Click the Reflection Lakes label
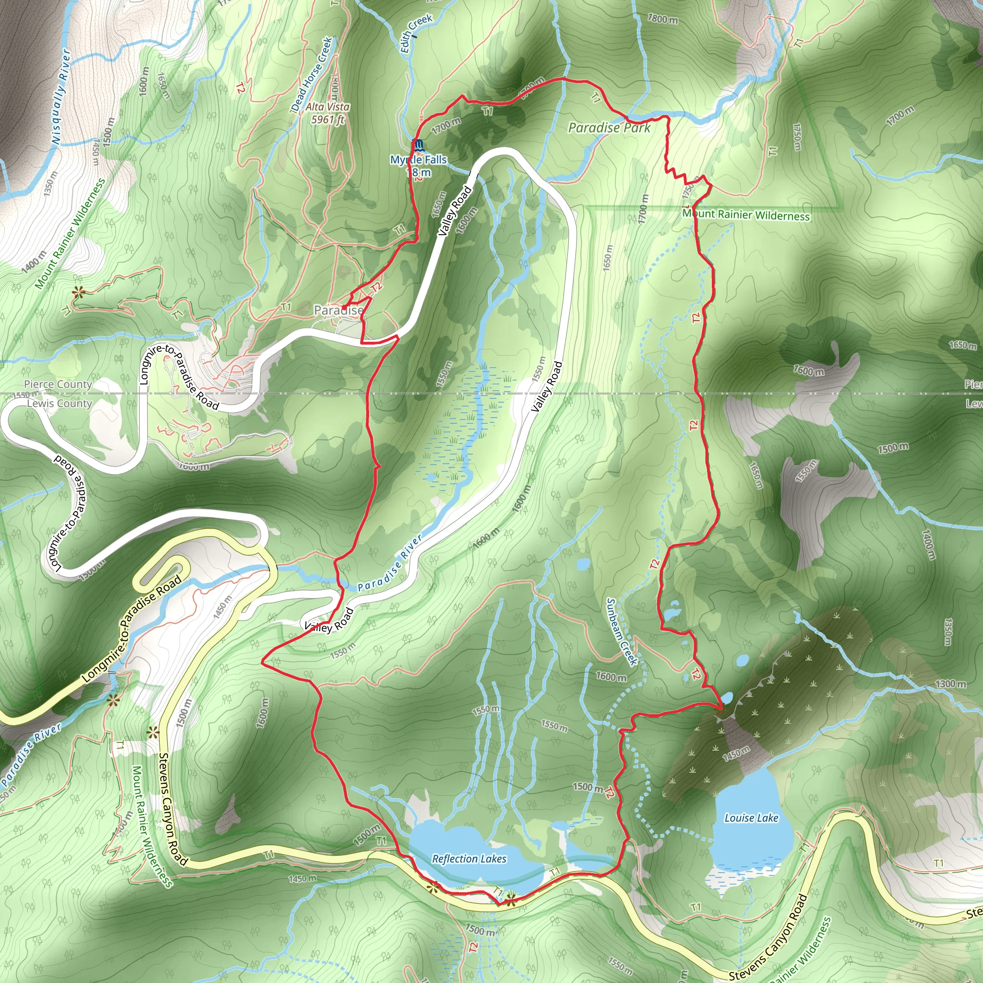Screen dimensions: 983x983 469,859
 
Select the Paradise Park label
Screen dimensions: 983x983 609,128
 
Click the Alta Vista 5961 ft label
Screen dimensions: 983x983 328,113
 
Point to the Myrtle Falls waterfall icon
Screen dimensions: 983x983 418,145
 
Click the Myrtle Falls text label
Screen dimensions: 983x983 418,160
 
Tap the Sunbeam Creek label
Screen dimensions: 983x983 621,632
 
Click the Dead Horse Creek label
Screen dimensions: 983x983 312,74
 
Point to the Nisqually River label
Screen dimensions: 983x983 60,96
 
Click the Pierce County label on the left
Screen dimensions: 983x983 58,384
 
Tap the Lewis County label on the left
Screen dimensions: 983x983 60,404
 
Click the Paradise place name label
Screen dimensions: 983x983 338,310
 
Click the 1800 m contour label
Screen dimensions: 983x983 662,19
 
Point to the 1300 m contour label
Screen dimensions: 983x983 950,684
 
